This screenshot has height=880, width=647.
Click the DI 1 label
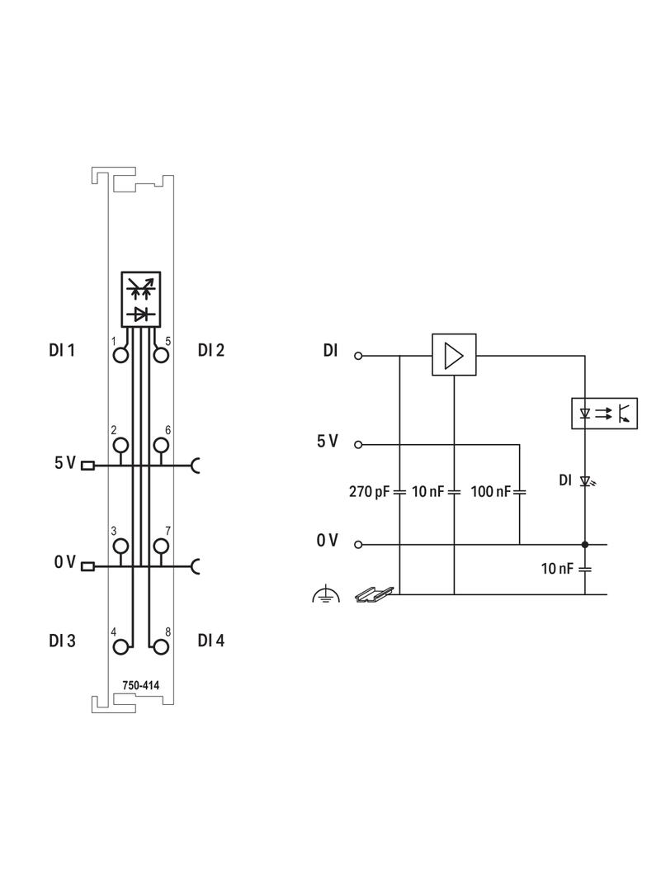pyautogui.click(x=61, y=350)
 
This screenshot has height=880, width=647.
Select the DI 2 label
pyautogui.click(x=211, y=350)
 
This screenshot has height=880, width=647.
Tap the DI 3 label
pyautogui.click(x=62, y=641)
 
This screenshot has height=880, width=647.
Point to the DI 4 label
pyautogui.click(x=211, y=641)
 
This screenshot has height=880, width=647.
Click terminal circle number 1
pyautogui.click(x=121, y=355)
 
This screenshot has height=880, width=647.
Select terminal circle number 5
pyautogui.click(x=161, y=355)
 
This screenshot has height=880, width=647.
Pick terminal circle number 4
pyautogui.click(x=121, y=646)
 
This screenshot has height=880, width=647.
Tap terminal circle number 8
pyautogui.click(x=161, y=646)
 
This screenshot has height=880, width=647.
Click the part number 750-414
pyautogui.click(x=140, y=685)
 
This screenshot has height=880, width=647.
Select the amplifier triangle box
pyautogui.click(x=454, y=355)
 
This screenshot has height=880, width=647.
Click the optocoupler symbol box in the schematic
pyautogui.click(x=605, y=413)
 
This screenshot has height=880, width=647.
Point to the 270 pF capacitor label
pyautogui.click(x=369, y=492)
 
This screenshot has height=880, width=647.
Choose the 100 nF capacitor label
pyautogui.click(x=490, y=492)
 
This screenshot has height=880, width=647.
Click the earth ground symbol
pyautogui.click(x=326, y=594)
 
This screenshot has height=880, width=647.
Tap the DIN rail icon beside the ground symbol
pyautogui.click(x=375, y=593)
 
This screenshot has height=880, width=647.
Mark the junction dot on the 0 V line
pyautogui.click(x=585, y=545)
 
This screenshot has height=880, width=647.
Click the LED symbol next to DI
pyautogui.click(x=586, y=480)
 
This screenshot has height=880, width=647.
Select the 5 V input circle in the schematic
pyautogui.click(x=357, y=444)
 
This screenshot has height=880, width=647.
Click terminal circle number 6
pyautogui.click(x=161, y=446)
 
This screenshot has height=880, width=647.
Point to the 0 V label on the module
pyautogui.click(x=64, y=562)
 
